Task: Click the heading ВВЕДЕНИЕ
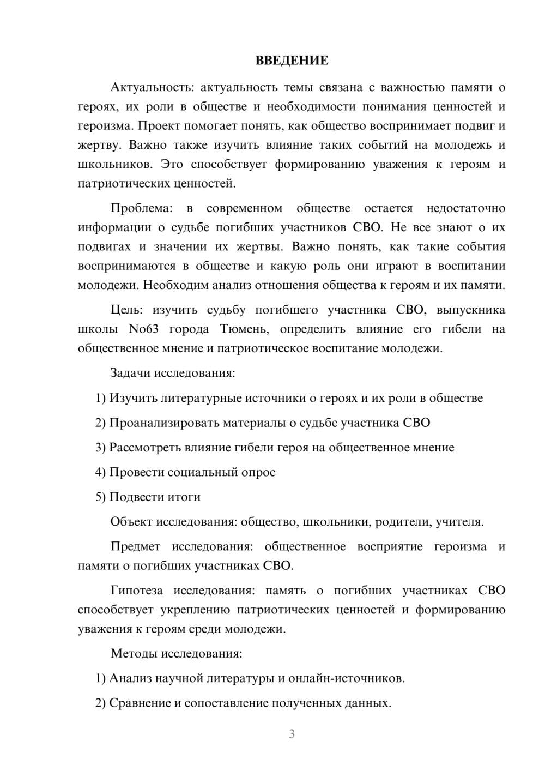292,61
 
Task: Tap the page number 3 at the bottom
292,734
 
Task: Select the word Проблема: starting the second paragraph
141,208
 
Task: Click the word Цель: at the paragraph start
126,310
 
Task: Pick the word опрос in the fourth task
258,472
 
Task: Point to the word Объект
131,522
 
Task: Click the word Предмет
135,546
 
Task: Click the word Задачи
130,374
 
